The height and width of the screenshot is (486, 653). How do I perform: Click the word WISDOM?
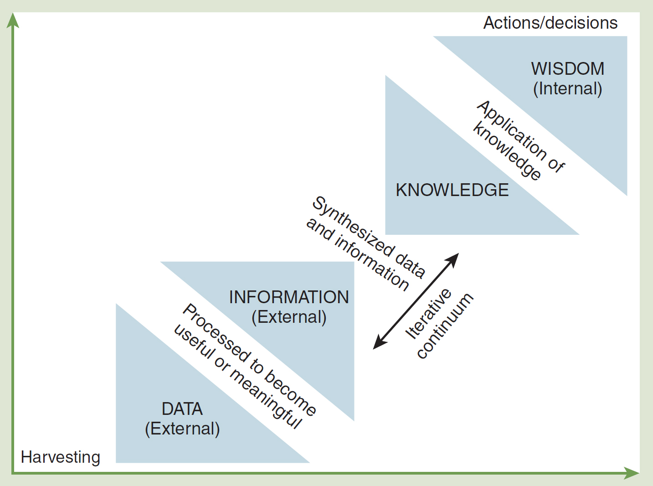[568, 69]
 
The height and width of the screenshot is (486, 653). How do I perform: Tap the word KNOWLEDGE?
[452, 190]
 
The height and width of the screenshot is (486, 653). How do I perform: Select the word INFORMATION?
[289, 297]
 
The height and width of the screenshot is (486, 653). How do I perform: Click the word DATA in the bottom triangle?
[182, 409]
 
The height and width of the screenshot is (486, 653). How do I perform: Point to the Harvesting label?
[60, 457]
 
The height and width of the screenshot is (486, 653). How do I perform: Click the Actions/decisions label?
[550, 23]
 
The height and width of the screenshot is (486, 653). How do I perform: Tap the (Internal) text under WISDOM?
[568, 88]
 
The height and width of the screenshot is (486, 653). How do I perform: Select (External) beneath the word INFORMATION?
[289, 317]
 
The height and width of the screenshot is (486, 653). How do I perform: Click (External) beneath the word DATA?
[182, 429]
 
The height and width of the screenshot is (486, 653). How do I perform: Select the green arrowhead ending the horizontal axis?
[632, 473]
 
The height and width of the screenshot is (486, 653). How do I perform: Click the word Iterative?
[428, 314]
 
